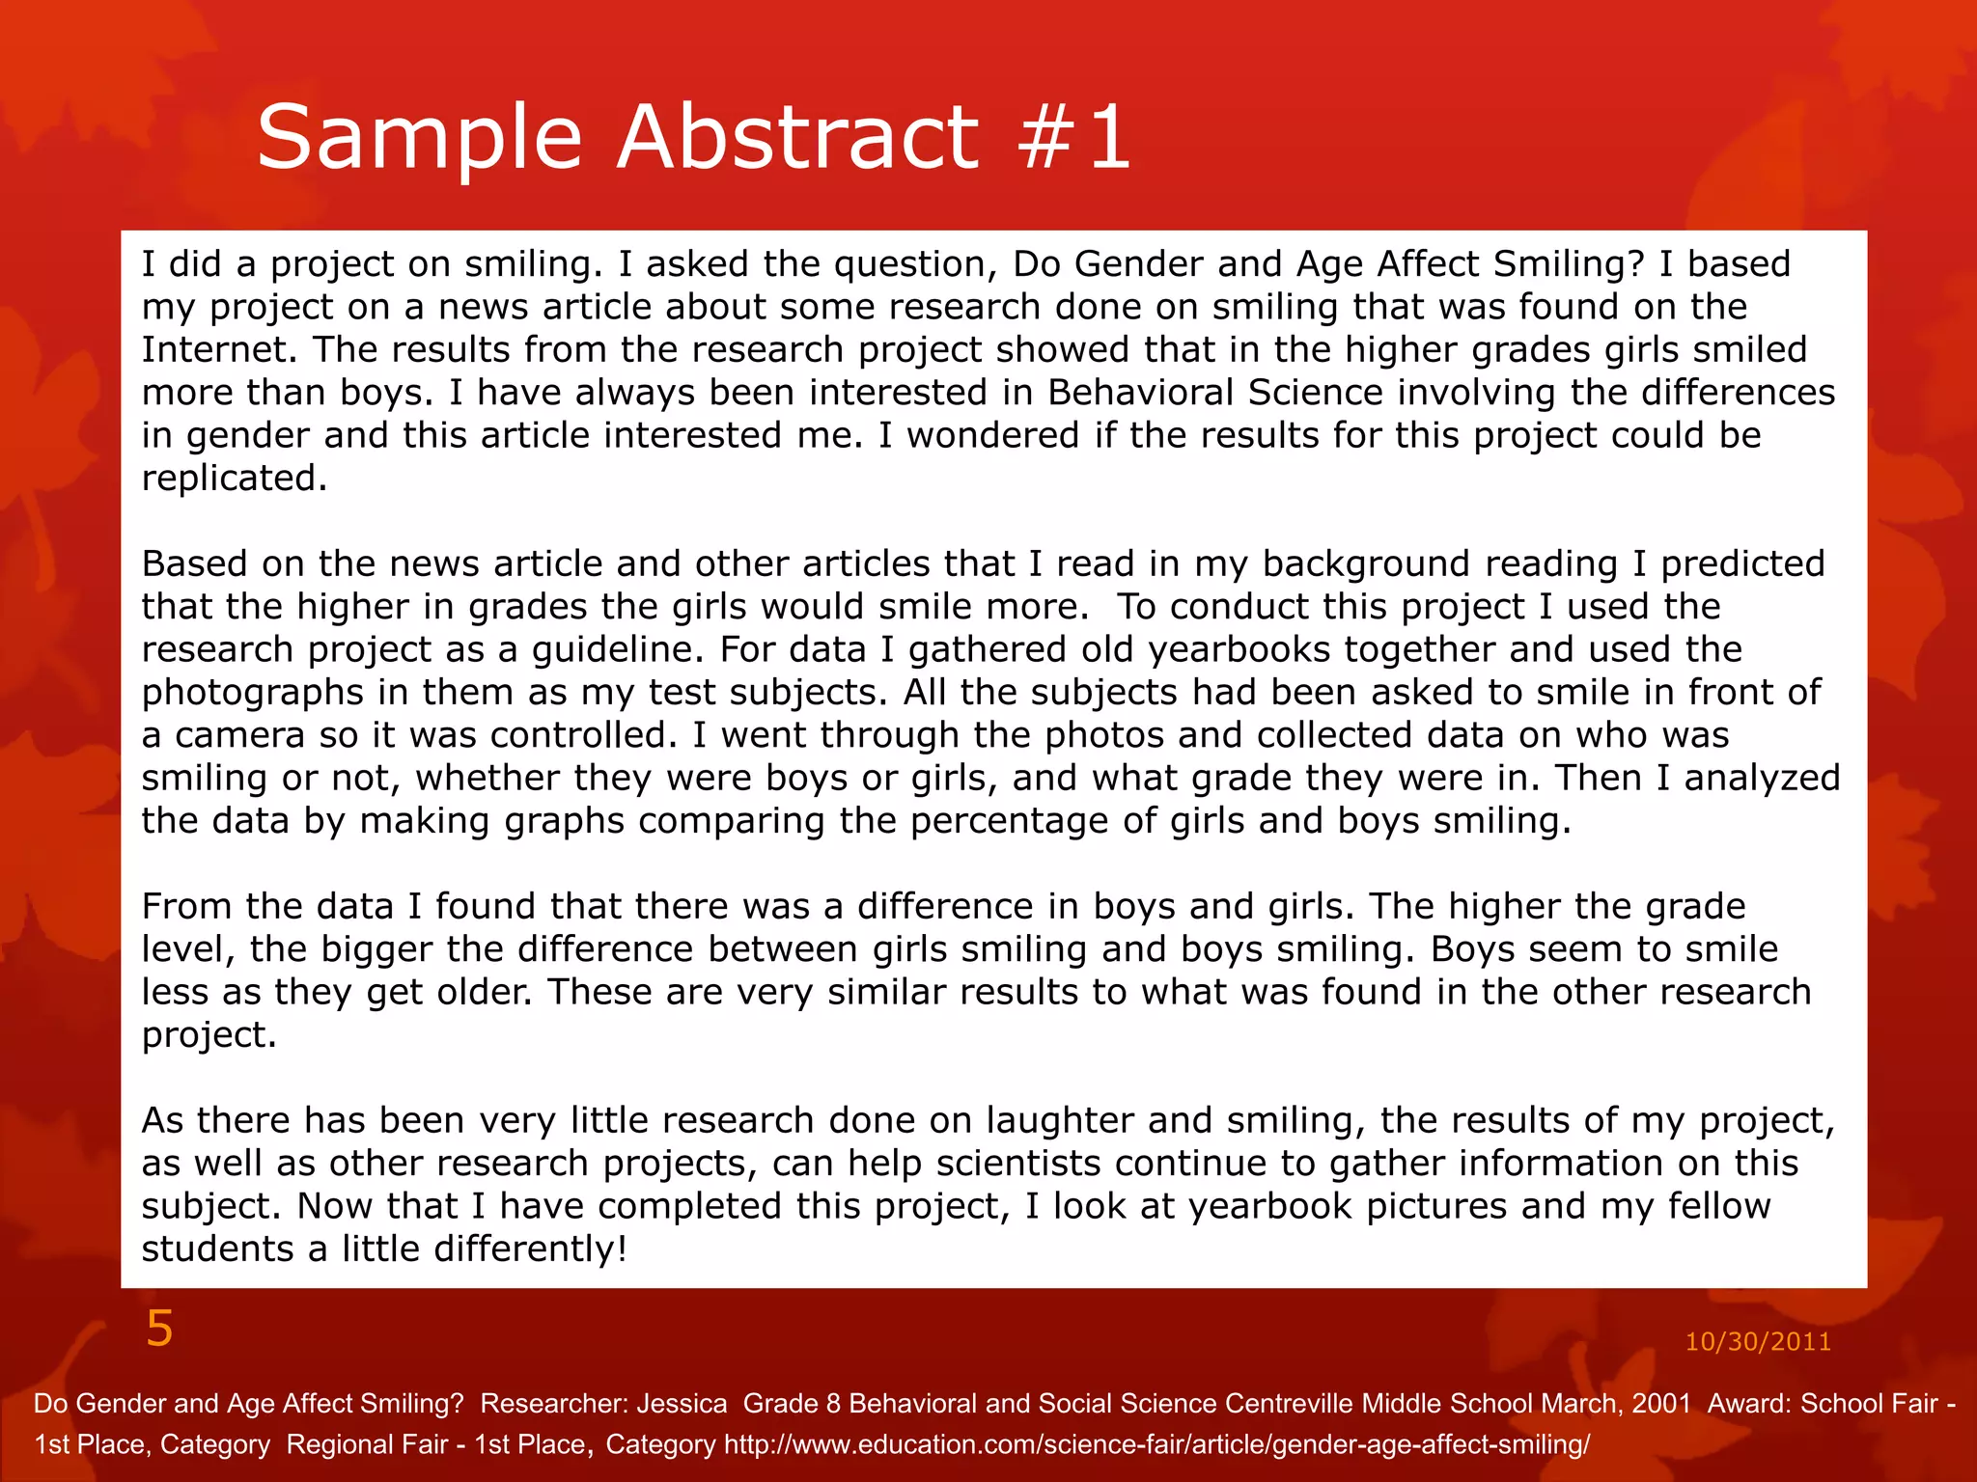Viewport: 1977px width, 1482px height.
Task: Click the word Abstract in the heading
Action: click(797, 138)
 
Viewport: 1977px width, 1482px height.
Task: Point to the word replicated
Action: click(233, 479)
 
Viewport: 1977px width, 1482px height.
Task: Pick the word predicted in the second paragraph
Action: click(1742, 564)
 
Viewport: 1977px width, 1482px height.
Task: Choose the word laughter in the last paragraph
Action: click(1060, 1121)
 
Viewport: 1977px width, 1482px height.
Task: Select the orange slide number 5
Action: click(159, 1330)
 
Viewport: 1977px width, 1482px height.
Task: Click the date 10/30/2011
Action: click(1757, 1342)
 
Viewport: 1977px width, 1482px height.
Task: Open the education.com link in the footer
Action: click(1156, 1445)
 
